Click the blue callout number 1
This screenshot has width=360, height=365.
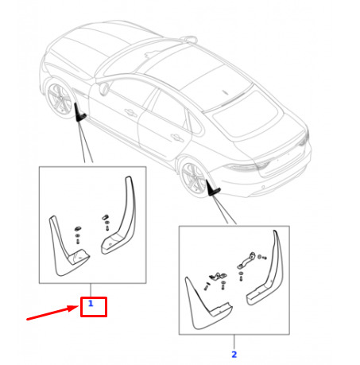point(91,303)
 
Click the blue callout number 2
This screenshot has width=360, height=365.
point(234,355)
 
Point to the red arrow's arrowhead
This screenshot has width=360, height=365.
point(73,309)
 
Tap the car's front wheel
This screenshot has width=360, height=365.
point(59,99)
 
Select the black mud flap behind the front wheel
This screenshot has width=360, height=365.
point(79,114)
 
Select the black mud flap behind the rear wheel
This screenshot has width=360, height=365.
point(212,188)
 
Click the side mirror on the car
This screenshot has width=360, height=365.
point(103,88)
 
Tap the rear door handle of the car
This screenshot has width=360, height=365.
point(176,138)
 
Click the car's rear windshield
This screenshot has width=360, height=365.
point(245,114)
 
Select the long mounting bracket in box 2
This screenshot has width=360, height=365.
point(246,260)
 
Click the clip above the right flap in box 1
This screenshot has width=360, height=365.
point(106,217)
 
